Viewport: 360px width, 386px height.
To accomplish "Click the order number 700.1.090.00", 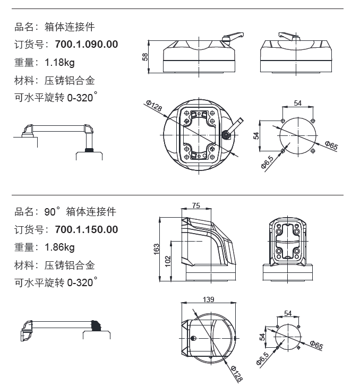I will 86,45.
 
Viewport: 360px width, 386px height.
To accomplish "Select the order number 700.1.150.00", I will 86,229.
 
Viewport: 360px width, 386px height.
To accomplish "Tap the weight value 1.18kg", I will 59,63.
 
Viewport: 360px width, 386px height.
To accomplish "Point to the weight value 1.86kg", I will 59,247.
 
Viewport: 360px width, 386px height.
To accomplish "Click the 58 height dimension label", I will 145,56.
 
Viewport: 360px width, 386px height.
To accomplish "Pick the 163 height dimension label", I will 156,249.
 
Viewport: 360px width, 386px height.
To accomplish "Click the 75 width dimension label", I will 195,206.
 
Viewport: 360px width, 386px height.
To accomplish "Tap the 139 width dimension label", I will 208,300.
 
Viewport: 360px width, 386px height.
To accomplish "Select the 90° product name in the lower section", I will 80,212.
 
